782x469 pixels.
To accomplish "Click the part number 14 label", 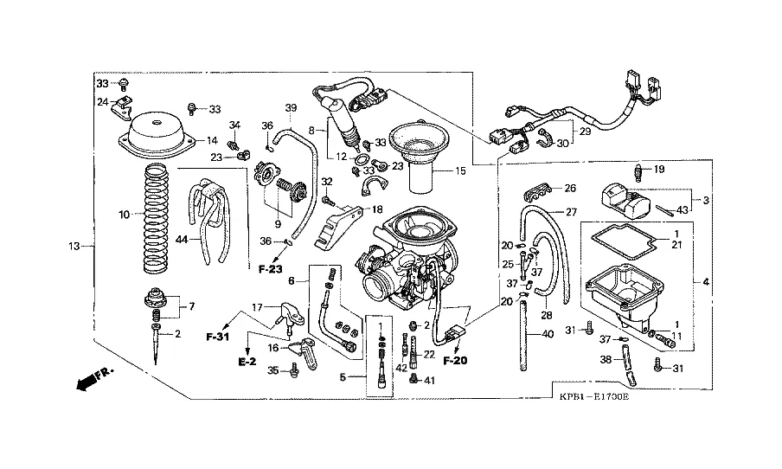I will coord(211,140).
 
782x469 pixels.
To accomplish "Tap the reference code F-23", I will coord(270,270).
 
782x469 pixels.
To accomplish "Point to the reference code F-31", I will coord(217,334).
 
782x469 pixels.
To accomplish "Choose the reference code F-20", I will coord(454,359).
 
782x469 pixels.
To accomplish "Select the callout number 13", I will coord(76,247).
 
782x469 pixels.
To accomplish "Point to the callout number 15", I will coord(459,170).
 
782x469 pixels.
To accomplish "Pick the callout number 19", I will coord(658,169).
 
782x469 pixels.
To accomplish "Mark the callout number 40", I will coord(547,334).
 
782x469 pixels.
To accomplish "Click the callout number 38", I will coord(606,358).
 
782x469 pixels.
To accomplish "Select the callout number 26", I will coord(570,189).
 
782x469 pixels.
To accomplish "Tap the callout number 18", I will coord(376,209).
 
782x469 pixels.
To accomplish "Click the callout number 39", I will coord(291,107).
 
